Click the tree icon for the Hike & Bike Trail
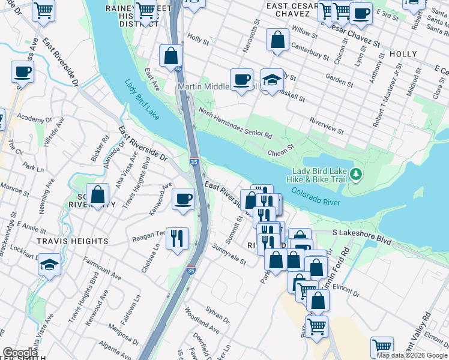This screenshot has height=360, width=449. (x=357, y=174)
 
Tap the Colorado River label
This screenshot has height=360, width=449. (x=316, y=197)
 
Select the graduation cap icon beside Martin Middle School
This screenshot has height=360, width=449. (x=272, y=80)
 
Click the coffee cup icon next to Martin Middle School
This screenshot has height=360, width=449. (x=241, y=80)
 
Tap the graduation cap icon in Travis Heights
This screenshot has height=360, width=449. (x=49, y=265)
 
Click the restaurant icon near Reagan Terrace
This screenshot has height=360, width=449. (x=177, y=239)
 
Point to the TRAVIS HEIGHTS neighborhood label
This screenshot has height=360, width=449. (x=73, y=241)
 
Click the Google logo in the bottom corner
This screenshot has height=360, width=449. (x=20, y=353)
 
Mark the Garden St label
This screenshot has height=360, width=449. (x=339, y=79)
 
